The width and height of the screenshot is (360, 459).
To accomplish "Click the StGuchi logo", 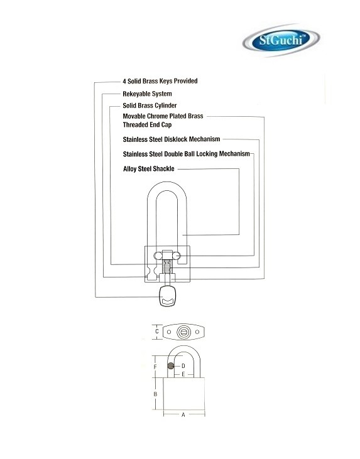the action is (281, 40).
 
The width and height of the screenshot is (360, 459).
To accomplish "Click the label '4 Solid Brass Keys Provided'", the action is (160, 81).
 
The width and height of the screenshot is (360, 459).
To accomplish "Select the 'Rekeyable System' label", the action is (147, 94).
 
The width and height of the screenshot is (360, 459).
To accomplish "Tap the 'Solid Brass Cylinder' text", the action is (150, 105).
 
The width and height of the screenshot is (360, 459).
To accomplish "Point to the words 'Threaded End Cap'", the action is (147, 125).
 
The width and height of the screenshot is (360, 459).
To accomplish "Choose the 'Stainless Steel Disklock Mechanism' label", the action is (172, 139).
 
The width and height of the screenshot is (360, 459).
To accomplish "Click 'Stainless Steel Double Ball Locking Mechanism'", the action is (187, 154).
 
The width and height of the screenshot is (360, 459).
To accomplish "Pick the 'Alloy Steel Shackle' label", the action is (148, 169).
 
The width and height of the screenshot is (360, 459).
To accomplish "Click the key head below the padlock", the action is (168, 296).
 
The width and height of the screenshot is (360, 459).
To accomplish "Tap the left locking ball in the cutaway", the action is (158, 256).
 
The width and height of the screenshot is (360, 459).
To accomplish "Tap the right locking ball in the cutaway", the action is (177, 256).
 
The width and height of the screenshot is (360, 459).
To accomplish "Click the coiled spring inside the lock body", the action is (167, 266).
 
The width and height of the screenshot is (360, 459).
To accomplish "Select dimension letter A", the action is (183, 415).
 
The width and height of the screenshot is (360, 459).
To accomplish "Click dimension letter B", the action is (156, 394).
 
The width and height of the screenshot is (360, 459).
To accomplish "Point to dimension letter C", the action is (157, 332).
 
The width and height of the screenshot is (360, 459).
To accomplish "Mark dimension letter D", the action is (183, 366).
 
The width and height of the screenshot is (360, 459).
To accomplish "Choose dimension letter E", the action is (183, 374).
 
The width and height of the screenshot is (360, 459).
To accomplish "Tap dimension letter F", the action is (156, 367).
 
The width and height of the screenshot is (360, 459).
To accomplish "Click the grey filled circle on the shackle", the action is (171, 365).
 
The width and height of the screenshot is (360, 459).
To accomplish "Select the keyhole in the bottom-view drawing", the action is (183, 332).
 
